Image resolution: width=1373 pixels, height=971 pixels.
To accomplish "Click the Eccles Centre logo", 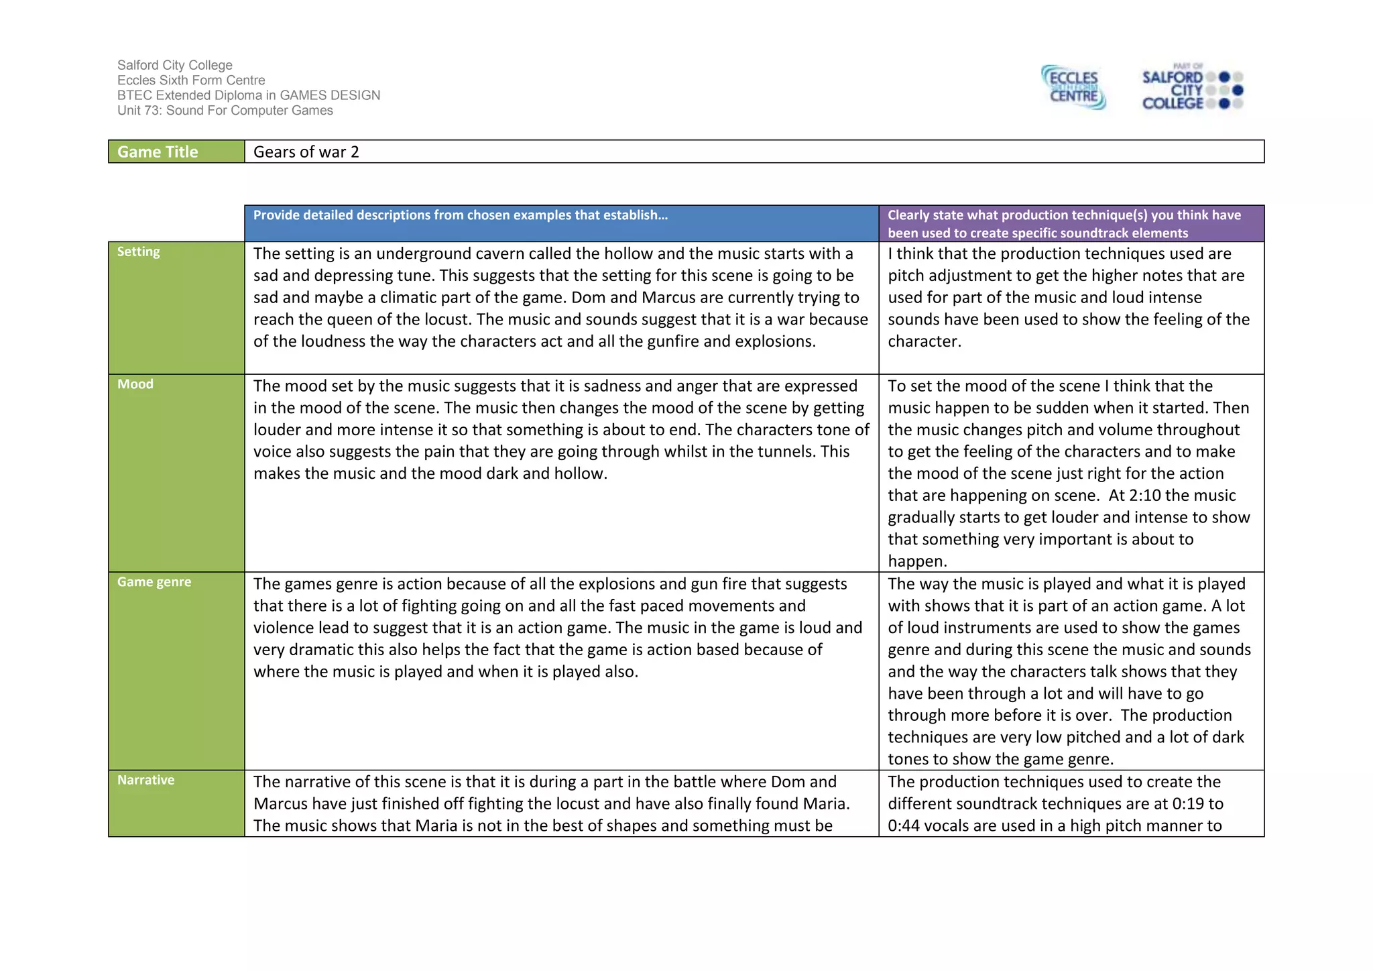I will coord(1073,87).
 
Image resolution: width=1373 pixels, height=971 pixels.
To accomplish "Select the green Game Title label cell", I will coord(176,152).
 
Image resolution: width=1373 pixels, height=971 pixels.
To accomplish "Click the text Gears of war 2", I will coord(306,152).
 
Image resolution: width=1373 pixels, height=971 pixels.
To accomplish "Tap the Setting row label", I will coord(139,251).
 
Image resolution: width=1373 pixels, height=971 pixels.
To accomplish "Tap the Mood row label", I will coord(135,384).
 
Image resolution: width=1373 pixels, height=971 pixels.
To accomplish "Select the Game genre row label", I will coord(154,582).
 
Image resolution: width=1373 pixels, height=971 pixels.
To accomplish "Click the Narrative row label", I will coord(145,780).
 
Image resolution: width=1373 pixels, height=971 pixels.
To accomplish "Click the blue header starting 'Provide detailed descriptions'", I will coord(460,215).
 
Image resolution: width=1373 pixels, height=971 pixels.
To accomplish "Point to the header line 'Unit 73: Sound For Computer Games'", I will coord(225,111).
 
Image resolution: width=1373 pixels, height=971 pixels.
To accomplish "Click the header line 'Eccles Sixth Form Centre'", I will coord(191,80).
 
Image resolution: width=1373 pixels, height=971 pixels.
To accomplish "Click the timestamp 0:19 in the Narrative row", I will coord(1189,803).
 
